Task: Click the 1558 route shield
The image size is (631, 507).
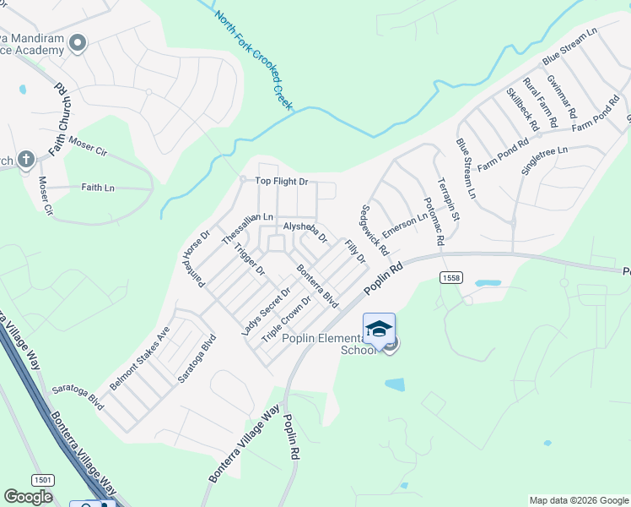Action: pyautogui.click(x=450, y=277)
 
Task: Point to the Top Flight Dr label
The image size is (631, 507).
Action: pyautogui.click(x=282, y=182)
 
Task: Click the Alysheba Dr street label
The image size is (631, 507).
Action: pyautogui.click(x=304, y=232)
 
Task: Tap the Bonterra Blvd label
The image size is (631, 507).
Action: pyautogui.click(x=317, y=286)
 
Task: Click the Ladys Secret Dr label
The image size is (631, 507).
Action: pyautogui.click(x=266, y=311)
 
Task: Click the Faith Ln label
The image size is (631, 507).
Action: pyautogui.click(x=97, y=188)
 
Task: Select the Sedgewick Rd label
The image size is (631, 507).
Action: pyautogui.click(x=375, y=230)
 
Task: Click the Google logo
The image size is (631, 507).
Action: pyautogui.click(x=28, y=497)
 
